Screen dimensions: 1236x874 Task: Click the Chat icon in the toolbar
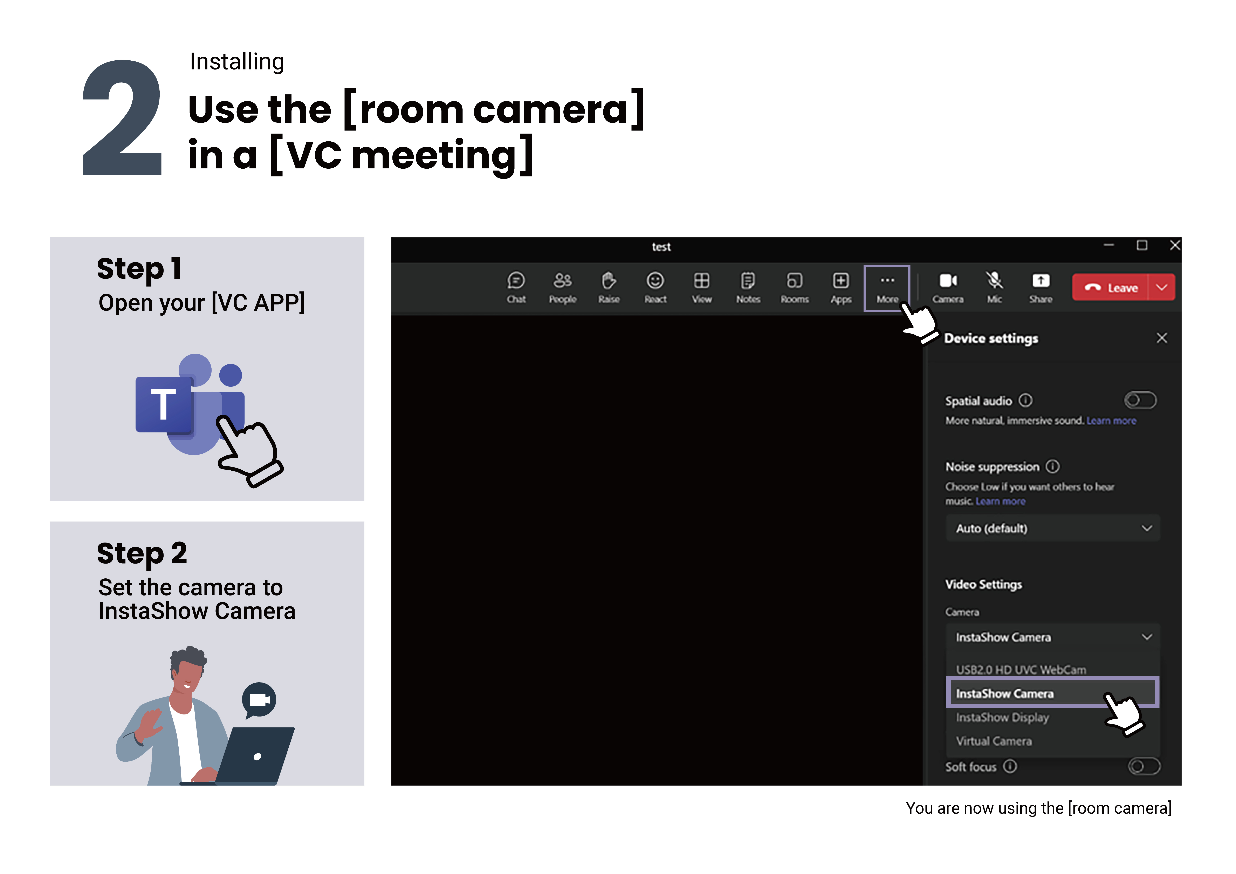click(x=516, y=281)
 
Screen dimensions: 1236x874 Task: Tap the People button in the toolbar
click(x=563, y=281)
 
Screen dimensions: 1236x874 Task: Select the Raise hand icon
click(x=609, y=281)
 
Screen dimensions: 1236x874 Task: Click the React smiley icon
click(x=655, y=281)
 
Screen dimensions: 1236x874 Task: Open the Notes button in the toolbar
click(x=748, y=281)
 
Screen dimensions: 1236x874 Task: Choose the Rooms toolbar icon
click(x=795, y=281)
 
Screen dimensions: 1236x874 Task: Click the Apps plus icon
click(x=841, y=281)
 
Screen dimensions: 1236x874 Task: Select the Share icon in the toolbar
click(x=1041, y=281)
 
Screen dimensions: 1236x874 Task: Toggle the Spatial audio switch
click(x=1140, y=400)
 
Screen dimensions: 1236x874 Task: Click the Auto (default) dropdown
click(x=1052, y=528)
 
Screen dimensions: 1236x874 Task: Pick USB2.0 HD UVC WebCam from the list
click(x=1021, y=669)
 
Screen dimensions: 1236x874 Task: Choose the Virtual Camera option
click(x=994, y=741)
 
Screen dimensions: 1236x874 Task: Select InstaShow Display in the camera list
click(x=1002, y=717)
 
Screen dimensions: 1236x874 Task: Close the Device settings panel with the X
click(x=1162, y=338)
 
